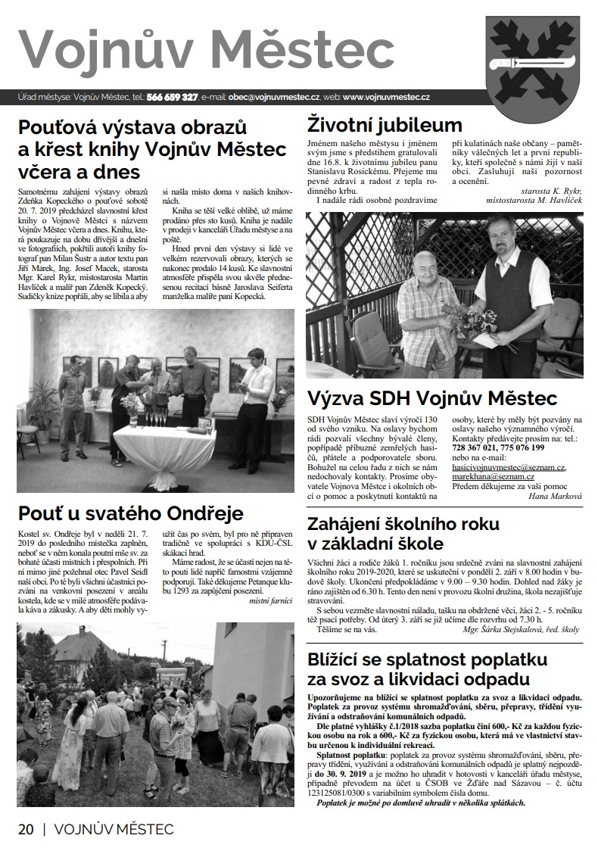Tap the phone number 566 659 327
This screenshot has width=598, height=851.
click(x=172, y=98)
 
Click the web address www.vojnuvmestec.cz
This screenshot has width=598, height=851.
click(x=386, y=98)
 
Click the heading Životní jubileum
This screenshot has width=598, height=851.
click(x=384, y=125)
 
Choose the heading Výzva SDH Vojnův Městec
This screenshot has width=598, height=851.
click(x=431, y=398)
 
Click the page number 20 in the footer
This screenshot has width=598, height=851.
click(x=26, y=829)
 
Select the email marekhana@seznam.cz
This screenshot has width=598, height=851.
click(x=494, y=477)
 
